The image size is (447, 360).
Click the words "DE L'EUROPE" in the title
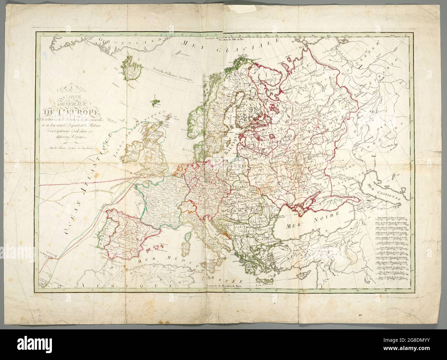pos(70,112)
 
